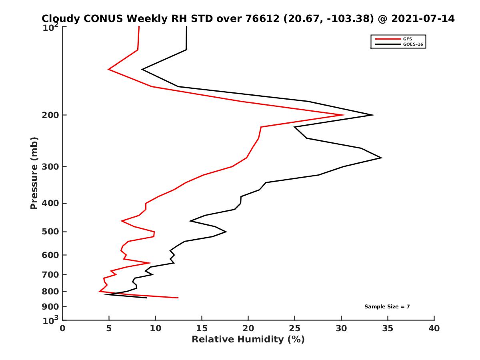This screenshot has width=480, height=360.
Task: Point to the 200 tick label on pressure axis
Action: pos(51,115)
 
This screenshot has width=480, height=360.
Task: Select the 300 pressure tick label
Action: pos(51,167)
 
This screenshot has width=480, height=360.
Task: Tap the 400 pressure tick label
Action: pos(51,203)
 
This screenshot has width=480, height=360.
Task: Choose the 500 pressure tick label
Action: pos(51,232)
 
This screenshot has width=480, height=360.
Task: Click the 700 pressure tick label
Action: pos(51,274)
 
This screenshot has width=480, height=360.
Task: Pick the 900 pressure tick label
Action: pos(51,307)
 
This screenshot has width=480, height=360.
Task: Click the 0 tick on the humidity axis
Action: pos(63,328)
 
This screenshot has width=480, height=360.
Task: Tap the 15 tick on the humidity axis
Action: pos(202,328)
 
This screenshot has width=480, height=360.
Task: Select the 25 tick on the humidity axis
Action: pos(295,328)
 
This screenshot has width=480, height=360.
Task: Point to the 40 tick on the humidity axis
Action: pos(434,328)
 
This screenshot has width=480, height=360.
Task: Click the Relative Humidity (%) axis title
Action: pos(248,340)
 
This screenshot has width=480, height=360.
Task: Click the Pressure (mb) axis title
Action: pos(34,173)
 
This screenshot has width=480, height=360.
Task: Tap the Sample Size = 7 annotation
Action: pos(387,307)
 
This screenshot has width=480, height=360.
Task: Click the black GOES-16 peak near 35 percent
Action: pos(382,158)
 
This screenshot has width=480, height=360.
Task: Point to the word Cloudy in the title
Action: pos(62,19)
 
